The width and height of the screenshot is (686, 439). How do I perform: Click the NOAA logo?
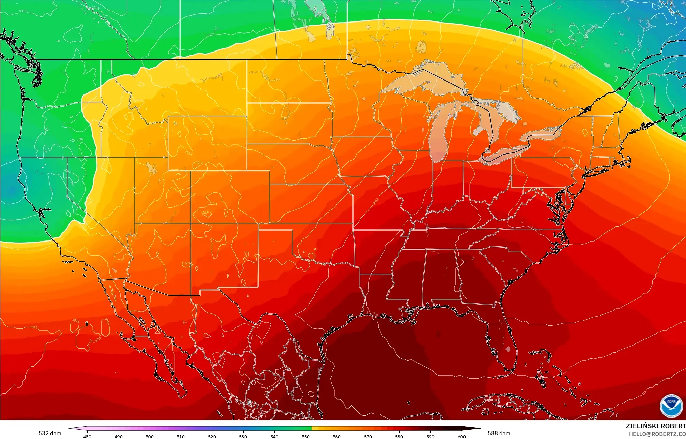tap(671, 406)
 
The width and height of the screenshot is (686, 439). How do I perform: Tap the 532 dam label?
tap(50, 433)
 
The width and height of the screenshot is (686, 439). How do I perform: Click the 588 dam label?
tap(499, 433)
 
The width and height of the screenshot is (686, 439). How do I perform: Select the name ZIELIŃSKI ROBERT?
tap(656, 426)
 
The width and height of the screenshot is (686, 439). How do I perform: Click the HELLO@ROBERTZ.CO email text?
tap(657, 434)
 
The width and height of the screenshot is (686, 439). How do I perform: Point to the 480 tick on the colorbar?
tap(87, 436)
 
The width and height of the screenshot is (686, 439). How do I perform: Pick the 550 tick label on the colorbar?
tap(306, 436)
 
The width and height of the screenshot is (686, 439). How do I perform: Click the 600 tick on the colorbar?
tap(461, 436)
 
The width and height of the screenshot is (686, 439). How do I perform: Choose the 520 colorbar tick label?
tap(212, 436)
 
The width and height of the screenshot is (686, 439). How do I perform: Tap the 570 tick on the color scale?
tap(368, 436)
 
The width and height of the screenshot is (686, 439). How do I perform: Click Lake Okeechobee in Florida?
tap(508, 349)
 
